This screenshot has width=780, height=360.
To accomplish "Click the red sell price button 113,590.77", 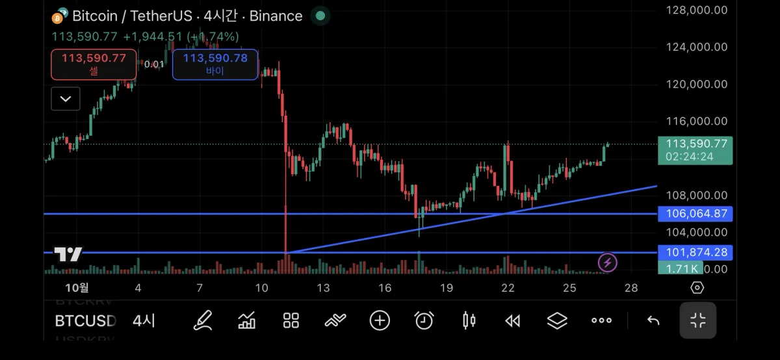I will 94,64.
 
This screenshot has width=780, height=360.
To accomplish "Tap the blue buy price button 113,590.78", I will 215,64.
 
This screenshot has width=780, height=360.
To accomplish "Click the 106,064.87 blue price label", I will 695,214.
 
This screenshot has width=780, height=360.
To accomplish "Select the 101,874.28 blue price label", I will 695,252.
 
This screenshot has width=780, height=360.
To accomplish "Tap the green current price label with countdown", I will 695,150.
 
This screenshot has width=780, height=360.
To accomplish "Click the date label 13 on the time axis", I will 323,288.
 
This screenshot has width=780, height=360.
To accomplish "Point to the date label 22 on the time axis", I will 508,288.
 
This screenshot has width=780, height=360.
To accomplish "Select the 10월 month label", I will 77,288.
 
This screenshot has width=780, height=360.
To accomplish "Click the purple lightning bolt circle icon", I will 608,263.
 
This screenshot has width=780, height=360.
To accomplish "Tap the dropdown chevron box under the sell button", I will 66,99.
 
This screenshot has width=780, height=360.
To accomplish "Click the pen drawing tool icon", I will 203,320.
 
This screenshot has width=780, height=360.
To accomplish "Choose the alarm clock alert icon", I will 424,320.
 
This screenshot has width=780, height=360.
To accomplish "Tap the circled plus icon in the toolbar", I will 380,320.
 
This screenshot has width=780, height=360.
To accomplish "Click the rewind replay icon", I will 513,320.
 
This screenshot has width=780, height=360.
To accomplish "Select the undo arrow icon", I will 653,320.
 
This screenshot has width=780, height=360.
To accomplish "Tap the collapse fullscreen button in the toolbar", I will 698,320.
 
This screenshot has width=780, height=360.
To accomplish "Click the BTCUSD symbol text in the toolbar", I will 85,320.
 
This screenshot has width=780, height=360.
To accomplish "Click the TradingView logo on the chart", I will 68,254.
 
